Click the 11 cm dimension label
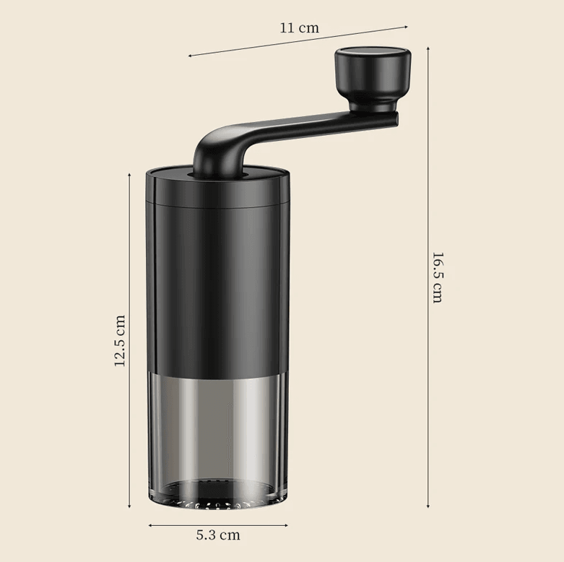pyautogui.click(x=299, y=29)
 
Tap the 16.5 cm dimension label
pyautogui.click(x=438, y=277)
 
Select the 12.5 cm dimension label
pyautogui.click(x=120, y=340)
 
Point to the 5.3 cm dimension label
pyautogui.click(x=218, y=535)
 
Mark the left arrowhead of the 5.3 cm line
pyautogui.click(x=150, y=524)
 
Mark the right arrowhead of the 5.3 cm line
pyautogui.click(x=287, y=524)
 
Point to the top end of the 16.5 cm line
pyautogui.click(x=429, y=48)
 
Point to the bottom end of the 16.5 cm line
pyautogui.click(x=429, y=507)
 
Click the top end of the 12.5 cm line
pyautogui.click(x=130, y=172)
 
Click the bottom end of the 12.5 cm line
pyautogui.click(x=130, y=508)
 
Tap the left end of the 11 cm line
pyautogui.click(x=189, y=55)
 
